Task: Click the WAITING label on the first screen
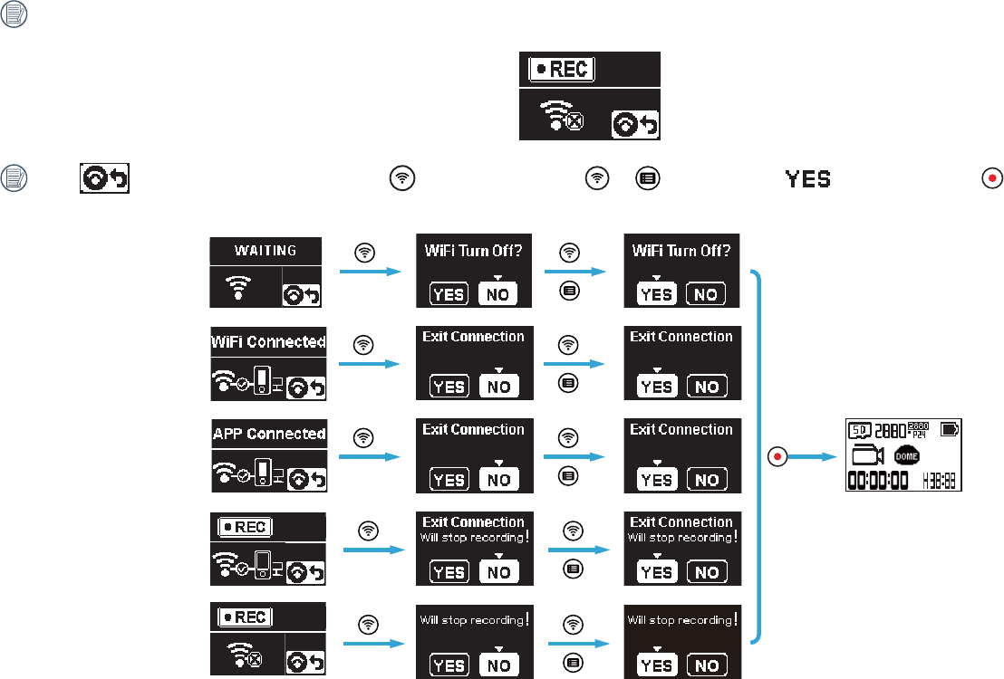pos(265,251)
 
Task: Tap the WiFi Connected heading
pos(268,342)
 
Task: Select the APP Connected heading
pos(268,434)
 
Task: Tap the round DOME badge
pos(907,456)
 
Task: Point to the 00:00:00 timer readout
pos(878,481)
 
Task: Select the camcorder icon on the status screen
pos(868,454)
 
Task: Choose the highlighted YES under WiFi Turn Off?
pos(656,293)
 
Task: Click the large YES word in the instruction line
pos(807,179)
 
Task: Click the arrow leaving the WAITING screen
pos(370,270)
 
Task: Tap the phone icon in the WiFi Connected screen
pos(263,379)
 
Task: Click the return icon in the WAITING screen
pos(303,294)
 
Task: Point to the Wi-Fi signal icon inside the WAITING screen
pos(238,287)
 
